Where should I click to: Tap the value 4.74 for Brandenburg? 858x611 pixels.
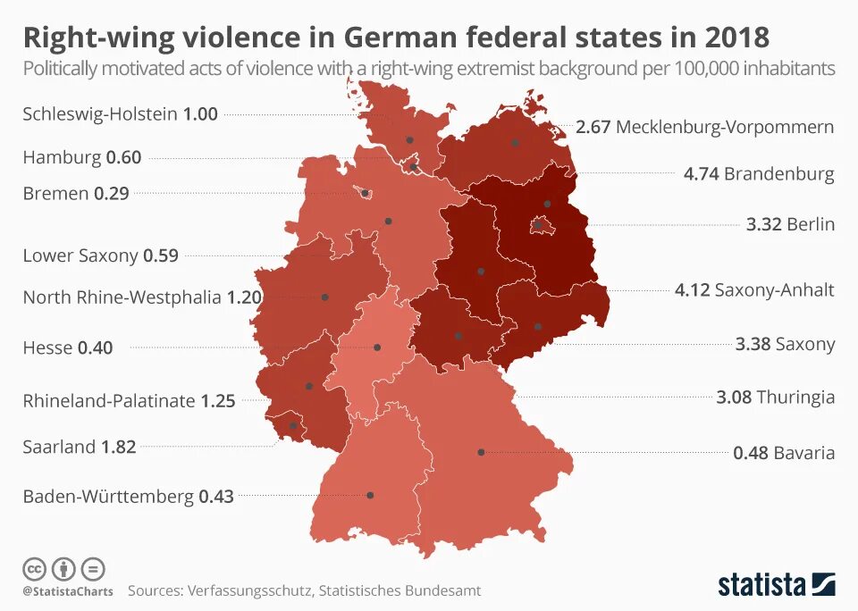point(701,173)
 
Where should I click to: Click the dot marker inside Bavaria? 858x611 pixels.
point(481,453)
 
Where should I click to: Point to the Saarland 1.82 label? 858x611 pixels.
point(79,447)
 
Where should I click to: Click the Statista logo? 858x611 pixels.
point(776,585)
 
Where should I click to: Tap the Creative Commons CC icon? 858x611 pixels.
point(34,568)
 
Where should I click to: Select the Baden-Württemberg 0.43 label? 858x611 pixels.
point(128,497)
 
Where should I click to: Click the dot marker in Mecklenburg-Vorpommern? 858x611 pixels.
point(516,142)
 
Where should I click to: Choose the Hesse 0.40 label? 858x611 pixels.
point(68,348)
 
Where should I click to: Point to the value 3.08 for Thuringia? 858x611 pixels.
point(735,397)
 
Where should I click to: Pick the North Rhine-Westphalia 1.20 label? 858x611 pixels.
point(134,297)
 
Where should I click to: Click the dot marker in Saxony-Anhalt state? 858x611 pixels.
point(481,271)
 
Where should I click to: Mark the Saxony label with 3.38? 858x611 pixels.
point(785,344)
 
